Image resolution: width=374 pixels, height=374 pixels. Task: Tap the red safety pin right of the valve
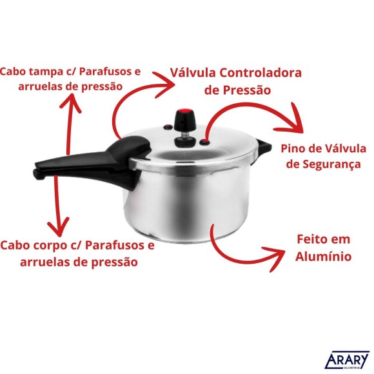coord(204,143)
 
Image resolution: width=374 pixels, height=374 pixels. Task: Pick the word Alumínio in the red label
coord(323,256)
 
